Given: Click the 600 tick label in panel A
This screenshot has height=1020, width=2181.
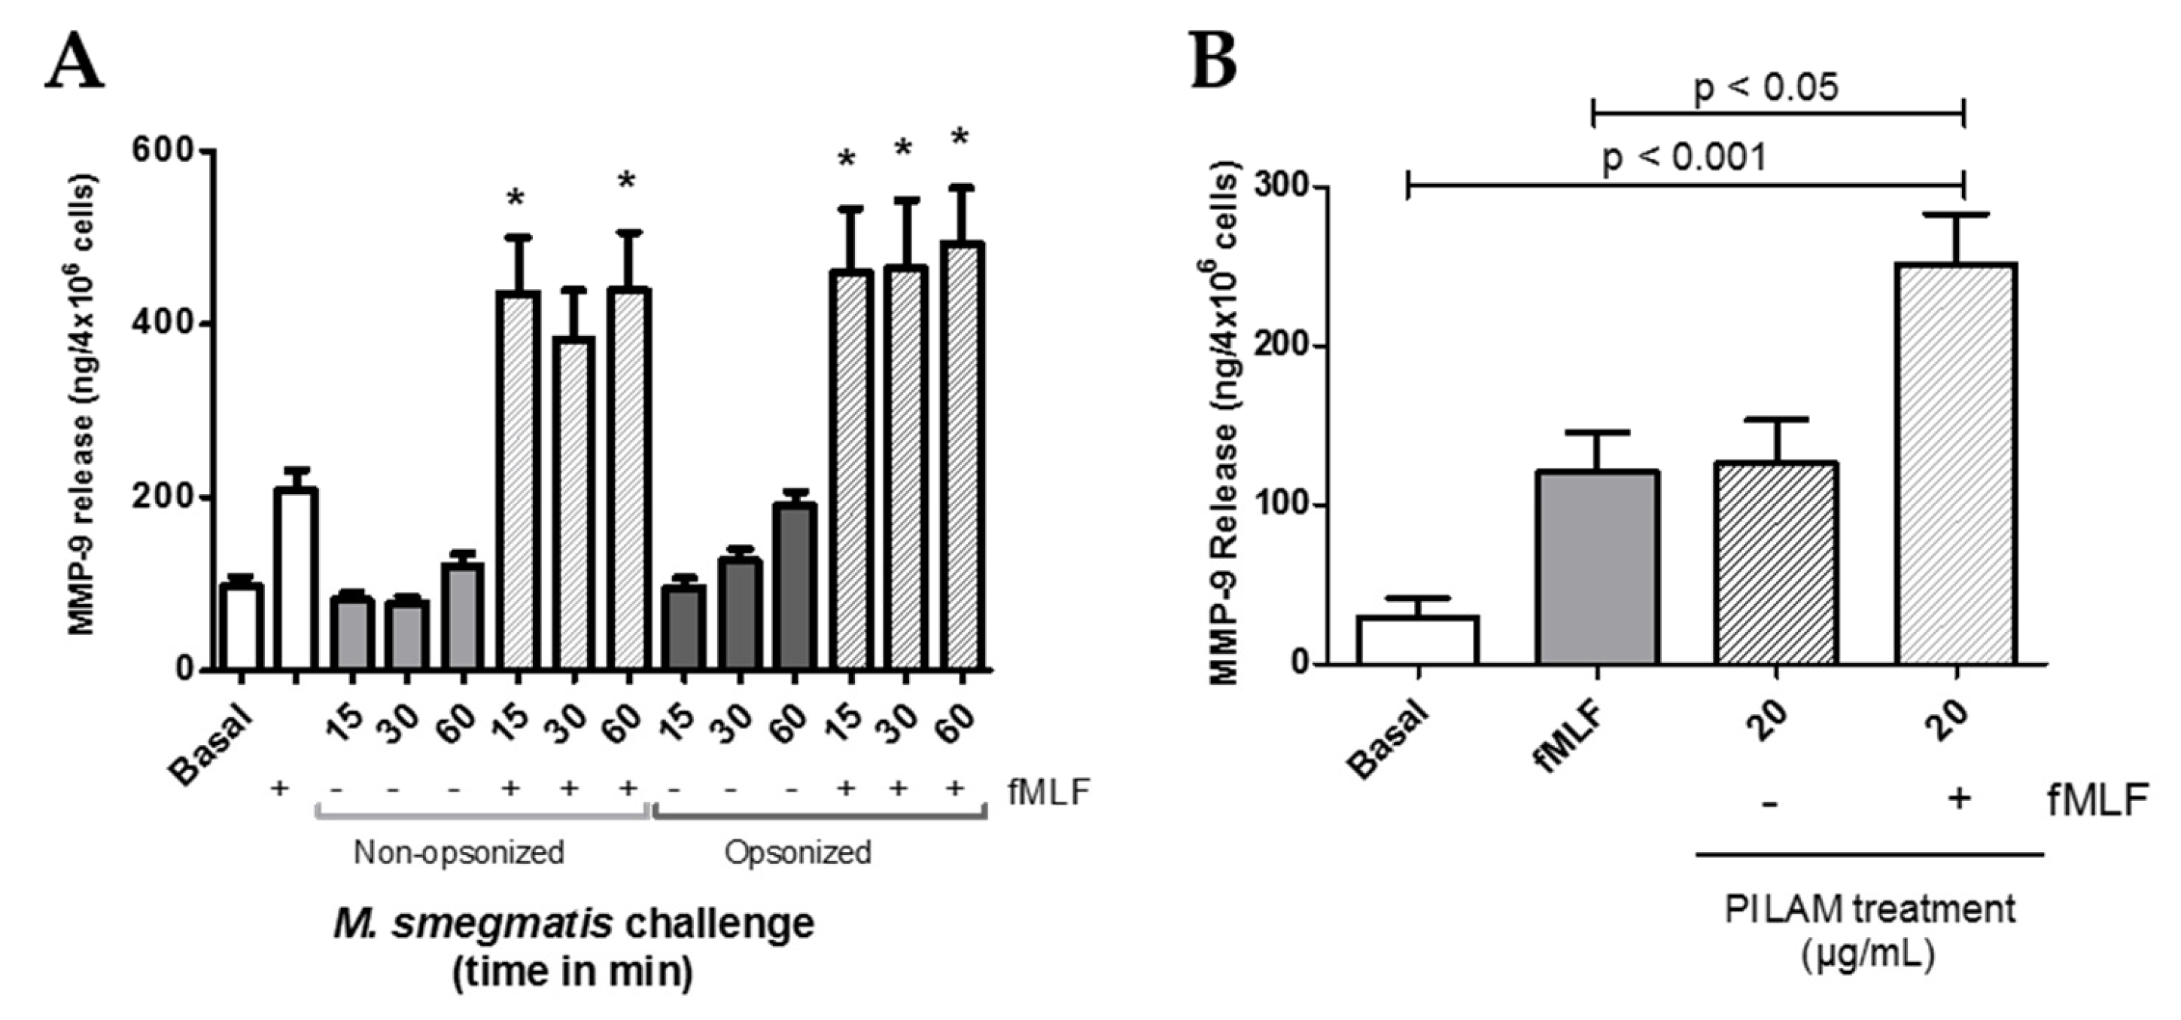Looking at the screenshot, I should (x=163, y=150).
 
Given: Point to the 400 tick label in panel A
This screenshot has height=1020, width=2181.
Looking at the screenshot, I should (x=163, y=324).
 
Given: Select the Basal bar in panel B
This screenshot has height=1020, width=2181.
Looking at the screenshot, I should (x=1418, y=640).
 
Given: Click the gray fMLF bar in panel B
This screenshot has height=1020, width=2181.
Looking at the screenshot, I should (x=1597, y=567).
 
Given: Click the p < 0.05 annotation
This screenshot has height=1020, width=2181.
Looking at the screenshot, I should (x=1766, y=87).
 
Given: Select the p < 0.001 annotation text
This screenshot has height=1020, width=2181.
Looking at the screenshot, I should (x=1685, y=157).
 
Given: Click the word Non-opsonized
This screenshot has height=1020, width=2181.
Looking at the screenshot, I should (x=459, y=852).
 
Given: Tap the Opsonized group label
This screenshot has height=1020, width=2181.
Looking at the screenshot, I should (x=798, y=852).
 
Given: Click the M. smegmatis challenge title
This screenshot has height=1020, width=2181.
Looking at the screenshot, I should (x=573, y=924).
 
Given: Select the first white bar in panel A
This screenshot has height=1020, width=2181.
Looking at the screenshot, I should (x=242, y=627).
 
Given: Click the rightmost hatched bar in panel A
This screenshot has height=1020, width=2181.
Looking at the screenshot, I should (x=962, y=457).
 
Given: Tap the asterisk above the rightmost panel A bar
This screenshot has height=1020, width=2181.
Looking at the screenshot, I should (x=960, y=138).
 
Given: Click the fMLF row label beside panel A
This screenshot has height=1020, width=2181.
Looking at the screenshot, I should (x=1049, y=792).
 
